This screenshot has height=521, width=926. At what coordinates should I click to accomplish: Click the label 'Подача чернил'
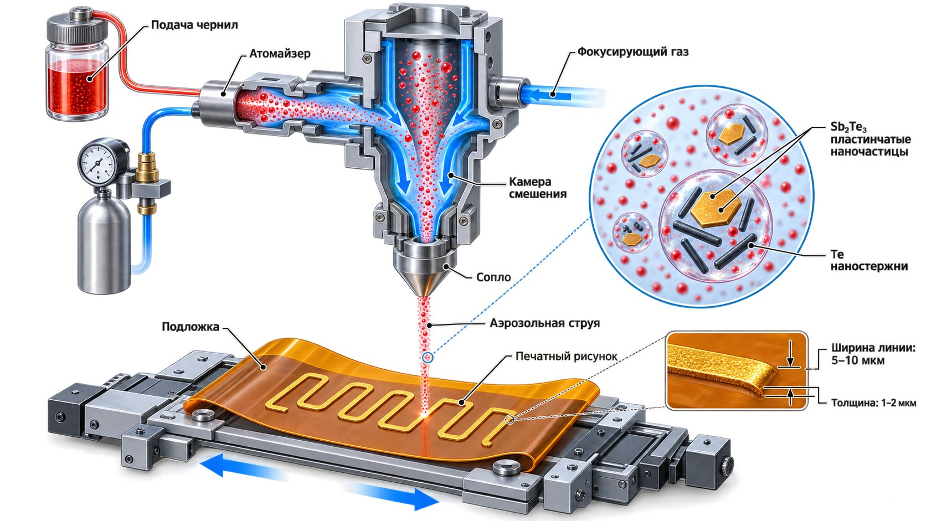coord(194,25)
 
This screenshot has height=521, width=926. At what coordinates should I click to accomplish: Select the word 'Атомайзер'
coord(280,54)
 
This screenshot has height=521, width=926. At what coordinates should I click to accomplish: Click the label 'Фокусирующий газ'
coord(633,52)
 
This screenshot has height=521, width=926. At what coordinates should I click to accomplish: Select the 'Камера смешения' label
coord(537,188)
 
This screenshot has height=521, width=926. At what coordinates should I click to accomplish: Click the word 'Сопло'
coord(493,277)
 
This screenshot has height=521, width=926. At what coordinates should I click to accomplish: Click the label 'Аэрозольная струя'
coord(544,323)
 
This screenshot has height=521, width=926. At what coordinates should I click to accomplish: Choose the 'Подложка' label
coord(191,327)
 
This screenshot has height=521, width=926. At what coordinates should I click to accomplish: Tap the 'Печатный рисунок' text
coord(567,356)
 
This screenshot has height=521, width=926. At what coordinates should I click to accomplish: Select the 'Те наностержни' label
coord(869,260)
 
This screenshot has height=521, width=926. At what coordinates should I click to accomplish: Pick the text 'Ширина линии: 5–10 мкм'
coord(873,354)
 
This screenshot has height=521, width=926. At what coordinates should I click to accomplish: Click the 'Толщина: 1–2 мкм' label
coord(873,403)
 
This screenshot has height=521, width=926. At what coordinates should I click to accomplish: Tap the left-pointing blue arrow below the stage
coord(244,467)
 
